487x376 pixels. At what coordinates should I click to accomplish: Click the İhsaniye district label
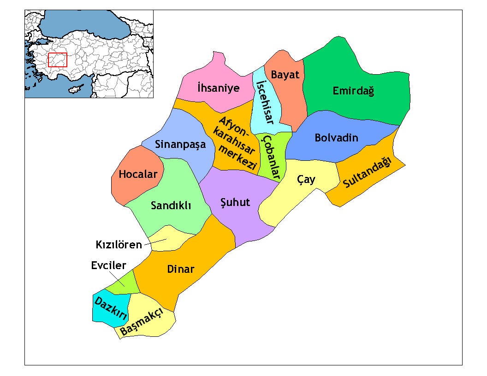point(218,88)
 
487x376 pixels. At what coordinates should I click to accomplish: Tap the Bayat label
point(285,75)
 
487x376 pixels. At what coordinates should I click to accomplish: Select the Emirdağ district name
point(353,91)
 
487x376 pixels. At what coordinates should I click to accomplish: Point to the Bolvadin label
point(336,138)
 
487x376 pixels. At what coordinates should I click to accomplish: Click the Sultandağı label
point(367,173)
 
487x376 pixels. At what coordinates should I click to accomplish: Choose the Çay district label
point(306,179)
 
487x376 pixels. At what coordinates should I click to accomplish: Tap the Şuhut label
point(235,202)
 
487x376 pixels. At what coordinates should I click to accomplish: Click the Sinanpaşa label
point(180,145)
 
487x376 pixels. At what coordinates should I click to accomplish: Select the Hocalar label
point(138,175)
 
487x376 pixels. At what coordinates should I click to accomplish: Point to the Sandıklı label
point(171,206)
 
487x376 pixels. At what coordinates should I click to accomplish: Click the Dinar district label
point(181,269)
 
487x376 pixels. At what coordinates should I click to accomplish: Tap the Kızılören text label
point(119,245)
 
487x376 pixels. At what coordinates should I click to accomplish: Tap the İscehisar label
point(265,102)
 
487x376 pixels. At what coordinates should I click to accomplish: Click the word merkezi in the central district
point(238,158)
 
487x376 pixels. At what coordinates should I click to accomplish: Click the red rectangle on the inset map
point(58,60)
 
